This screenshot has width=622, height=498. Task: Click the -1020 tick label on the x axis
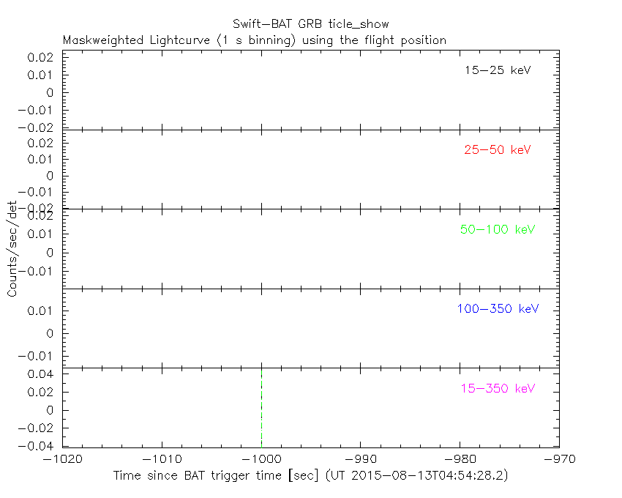click(x=62, y=459)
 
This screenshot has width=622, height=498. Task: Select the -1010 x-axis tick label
click(x=162, y=459)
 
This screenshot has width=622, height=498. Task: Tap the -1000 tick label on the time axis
click(x=261, y=459)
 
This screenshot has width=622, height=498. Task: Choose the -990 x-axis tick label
click(x=361, y=459)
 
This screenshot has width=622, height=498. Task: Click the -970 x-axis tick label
click(x=559, y=459)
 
